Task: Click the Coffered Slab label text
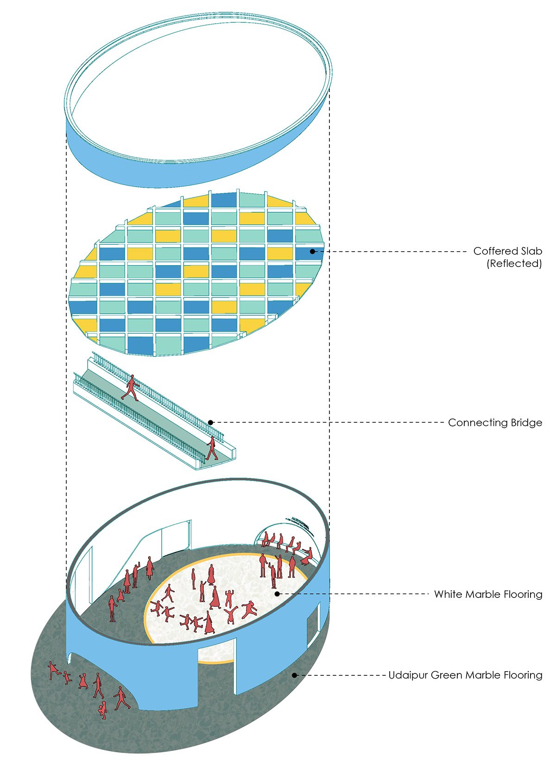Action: pyautogui.click(x=507, y=251)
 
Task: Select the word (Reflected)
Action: pyautogui.click(x=514, y=264)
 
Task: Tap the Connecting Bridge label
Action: pyautogui.click(x=495, y=423)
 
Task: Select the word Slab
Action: pyautogui.click(x=531, y=251)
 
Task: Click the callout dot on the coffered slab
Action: pyautogui.click(x=313, y=252)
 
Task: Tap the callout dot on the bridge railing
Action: pyautogui.click(x=210, y=423)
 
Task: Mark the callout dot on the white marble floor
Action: pyautogui.click(x=277, y=594)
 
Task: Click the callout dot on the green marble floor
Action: pyautogui.click(x=294, y=675)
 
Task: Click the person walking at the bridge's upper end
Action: pyautogui.click(x=131, y=388)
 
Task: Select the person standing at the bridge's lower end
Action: pyautogui.click(x=212, y=448)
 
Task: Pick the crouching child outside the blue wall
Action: pyautogui.click(x=102, y=710)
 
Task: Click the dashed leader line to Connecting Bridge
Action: pyautogui.click(x=324, y=423)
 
